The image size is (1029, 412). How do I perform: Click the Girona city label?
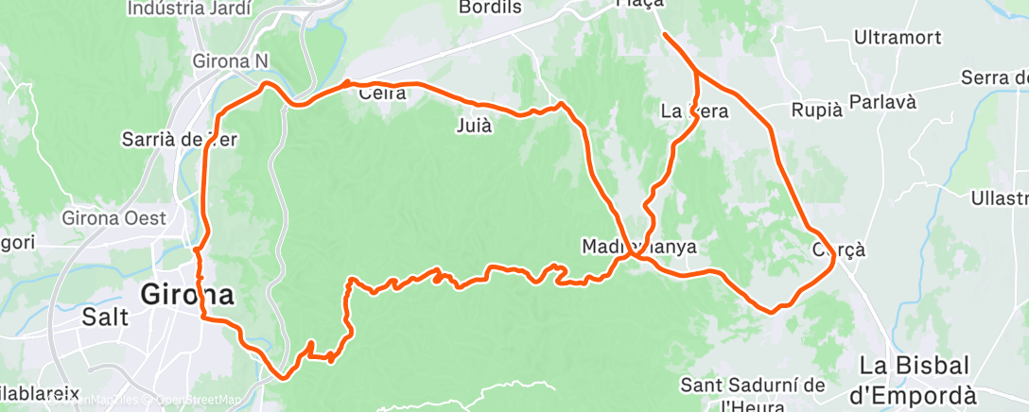point(187,294)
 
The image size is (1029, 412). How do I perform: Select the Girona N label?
point(231,60)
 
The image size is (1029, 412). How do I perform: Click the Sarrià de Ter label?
point(178,139)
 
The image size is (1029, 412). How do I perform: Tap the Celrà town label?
point(382,93)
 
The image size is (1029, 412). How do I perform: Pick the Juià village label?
point(474,126)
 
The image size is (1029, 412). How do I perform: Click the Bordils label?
point(490,8)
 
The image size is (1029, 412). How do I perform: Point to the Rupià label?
point(815,110)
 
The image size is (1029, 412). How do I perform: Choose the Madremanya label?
point(638,247)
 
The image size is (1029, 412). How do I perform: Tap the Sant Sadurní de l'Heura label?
point(752,396)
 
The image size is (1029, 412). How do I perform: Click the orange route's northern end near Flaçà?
point(665,35)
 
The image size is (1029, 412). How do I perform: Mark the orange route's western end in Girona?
point(197,250)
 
